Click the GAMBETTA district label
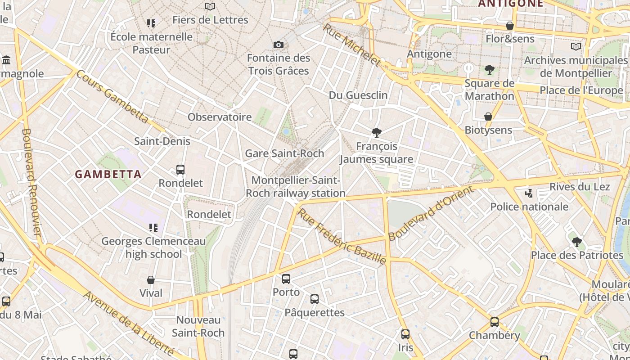tap(108, 174)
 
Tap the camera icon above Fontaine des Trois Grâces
tap(279, 45)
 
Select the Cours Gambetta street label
tap(112, 97)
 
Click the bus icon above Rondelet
tap(180, 170)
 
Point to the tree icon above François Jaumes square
tap(377, 132)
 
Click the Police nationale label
tap(529, 207)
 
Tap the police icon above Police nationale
tap(529, 193)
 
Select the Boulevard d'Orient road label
tap(431, 213)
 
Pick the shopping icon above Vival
tap(151, 280)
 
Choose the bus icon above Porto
tap(286, 279)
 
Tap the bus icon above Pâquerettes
tap(315, 299)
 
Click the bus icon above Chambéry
tap(495, 322)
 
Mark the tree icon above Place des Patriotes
tap(577, 242)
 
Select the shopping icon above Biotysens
tap(488, 117)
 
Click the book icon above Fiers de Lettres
tap(210, 7)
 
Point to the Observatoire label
tap(220, 117)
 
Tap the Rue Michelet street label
tap(351, 45)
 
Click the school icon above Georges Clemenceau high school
tap(153, 228)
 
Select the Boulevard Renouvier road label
tap(31, 182)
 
